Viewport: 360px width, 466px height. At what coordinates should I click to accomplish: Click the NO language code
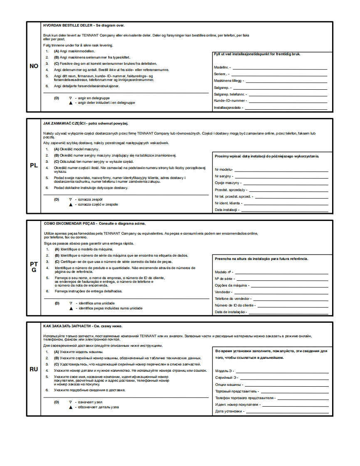click(x=34, y=66)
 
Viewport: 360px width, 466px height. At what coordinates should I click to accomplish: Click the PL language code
click(x=34, y=165)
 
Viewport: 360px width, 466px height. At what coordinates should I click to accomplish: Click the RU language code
click(x=34, y=369)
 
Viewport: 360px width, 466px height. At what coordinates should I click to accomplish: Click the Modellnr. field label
click(x=222, y=67)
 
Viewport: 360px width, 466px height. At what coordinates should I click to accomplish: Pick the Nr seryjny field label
click(x=223, y=177)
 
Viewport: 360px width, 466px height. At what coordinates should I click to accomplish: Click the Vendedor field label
click(x=223, y=292)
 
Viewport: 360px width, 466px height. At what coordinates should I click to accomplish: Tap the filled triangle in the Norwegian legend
click(x=71, y=103)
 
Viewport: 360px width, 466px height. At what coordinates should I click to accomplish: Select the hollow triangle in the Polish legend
click(x=71, y=199)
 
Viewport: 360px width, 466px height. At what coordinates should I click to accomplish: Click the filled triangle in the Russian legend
click(x=71, y=407)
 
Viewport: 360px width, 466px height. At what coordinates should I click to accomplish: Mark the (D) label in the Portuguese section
click(x=57, y=303)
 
